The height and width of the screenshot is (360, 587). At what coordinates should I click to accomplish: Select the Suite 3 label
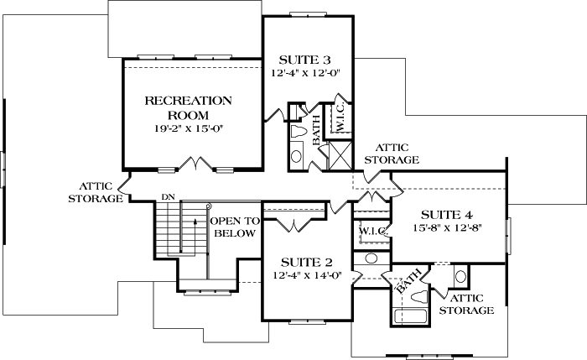[304, 60]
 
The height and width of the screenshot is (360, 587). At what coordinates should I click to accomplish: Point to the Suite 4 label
[447, 213]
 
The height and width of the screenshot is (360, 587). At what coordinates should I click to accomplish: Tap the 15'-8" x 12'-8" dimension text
[447, 227]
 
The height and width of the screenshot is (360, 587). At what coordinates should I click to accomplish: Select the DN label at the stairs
[167, 197]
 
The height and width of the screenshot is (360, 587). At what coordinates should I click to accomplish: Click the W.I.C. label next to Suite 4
[371, 230]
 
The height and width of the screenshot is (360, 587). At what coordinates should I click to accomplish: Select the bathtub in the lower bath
[411, 317]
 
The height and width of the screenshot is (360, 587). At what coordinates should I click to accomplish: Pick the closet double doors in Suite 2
[293, 222]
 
